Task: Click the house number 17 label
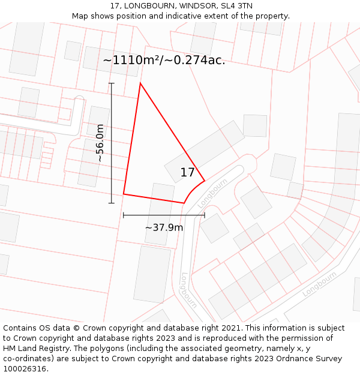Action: [187, 173]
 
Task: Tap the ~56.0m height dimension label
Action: [100, 143]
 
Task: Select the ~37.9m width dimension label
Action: [164, 227]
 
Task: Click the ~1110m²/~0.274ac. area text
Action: [164, 60]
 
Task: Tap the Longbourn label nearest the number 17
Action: [213, 193]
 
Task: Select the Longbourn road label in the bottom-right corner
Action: [319, 284]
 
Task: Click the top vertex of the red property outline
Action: [140, 83]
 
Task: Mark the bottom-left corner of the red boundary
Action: [124, 194]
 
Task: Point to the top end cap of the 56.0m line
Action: [112, 83]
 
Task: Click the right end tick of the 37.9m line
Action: [205, 214]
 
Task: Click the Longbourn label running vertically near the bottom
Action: [188, 290]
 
